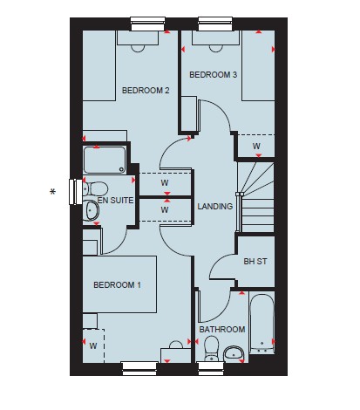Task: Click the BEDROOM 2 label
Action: coord(146,91)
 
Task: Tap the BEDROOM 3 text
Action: coord(213,75)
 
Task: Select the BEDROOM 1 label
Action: coord(117,284)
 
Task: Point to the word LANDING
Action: coord(215,206)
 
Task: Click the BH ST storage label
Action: coord(255,262)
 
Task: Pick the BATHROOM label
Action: coord(222,330)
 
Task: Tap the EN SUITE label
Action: coord(115,201)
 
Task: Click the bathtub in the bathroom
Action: coord(262,324)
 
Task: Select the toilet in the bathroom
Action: coord(212,348)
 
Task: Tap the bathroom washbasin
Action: coord(234,354)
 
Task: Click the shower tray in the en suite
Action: coord(105,160)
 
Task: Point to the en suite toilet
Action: coord(95,189)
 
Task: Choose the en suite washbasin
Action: coord(91,210)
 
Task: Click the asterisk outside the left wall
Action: coord(52,192)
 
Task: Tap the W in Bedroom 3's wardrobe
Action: coord(256,146)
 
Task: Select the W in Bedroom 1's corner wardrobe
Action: coord(93,346)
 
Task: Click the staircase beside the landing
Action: coord(255,197)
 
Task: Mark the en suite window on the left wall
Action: coord(76,192)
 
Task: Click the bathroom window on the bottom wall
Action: coord(211,368)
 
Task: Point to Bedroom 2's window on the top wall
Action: coord(147,24)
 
